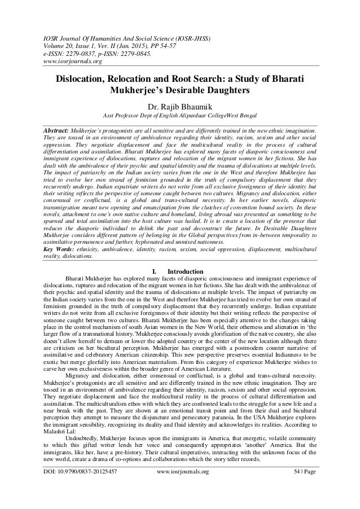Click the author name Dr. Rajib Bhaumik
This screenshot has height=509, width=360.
(179, 105)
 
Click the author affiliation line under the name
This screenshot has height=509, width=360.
(179, 116)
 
